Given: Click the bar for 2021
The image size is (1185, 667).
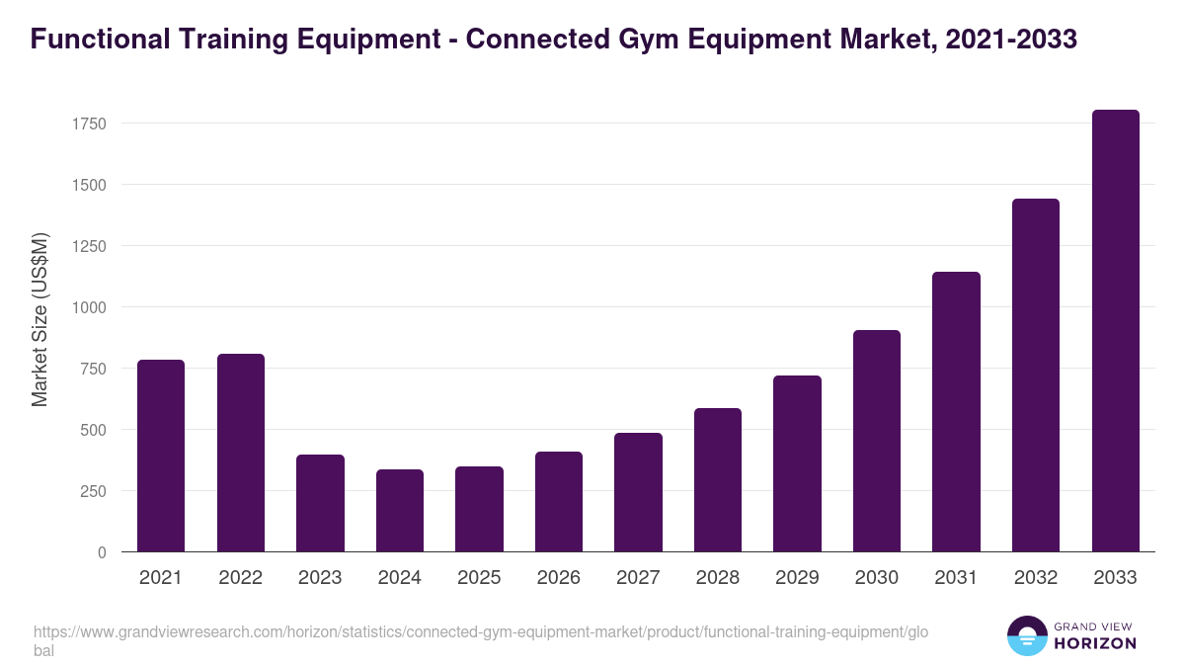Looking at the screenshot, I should (161, 456).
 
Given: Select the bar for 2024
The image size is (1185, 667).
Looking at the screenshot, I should (400, 511).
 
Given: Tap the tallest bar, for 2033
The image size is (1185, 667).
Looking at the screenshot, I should (1115, 331).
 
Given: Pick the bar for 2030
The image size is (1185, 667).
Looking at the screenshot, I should (877, 441).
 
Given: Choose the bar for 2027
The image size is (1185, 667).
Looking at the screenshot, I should (638, 492).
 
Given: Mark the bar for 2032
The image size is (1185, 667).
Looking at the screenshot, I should (1036, 375).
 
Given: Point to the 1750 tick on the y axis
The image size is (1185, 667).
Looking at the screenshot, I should (88, 124).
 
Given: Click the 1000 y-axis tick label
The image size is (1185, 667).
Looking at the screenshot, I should (88, 307).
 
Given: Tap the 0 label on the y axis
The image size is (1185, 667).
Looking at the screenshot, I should (102, 552).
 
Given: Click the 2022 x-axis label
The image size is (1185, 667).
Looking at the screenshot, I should (240, 578).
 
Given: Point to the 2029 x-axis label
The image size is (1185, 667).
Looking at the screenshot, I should (797, 578).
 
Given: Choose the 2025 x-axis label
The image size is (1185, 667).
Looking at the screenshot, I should (479, 578).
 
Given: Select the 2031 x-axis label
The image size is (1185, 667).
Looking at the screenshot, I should (956, 578).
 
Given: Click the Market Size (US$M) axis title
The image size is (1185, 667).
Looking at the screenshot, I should (39, 318).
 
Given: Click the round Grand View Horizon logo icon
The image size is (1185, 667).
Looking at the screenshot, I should (1027, 635).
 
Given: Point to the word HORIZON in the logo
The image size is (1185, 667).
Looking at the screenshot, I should (1096, 643).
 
